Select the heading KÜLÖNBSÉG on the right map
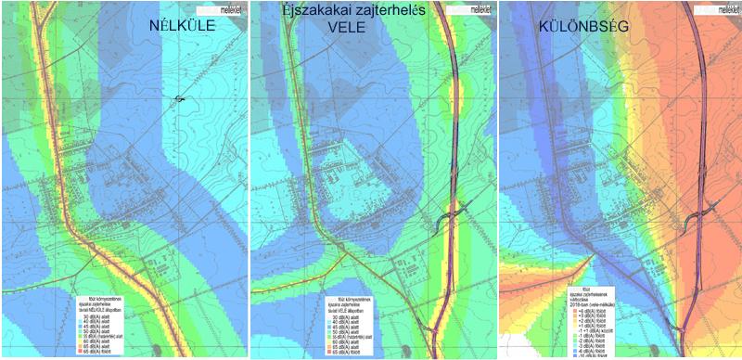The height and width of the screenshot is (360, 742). click(583, 27)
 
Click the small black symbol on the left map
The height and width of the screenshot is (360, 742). click(178, 99)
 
